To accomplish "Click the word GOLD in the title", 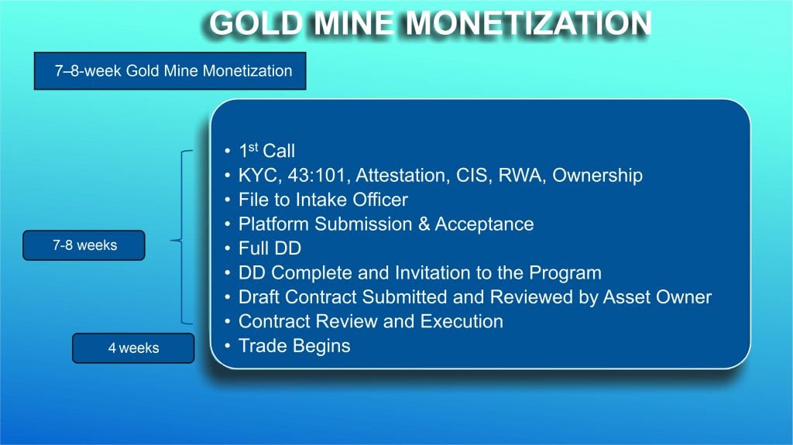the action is pos(255,23).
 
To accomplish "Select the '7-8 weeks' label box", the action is pos(84,245).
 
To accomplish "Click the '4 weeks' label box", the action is pos(133,348).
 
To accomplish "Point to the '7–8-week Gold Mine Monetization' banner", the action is pos(170,70).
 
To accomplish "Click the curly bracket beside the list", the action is pos(181,237).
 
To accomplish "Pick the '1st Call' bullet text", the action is pos(266,150).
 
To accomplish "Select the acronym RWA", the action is pos(521,176).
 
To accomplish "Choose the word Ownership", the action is pos(597,176).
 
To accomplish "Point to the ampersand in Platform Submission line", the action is pos(424,224).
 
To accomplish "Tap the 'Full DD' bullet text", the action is pos(269,248).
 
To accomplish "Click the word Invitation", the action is pos(432,272).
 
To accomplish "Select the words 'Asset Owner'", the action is pos(657,297).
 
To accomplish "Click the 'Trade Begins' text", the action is pos(294,346).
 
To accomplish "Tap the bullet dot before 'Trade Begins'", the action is pos(228,345).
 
